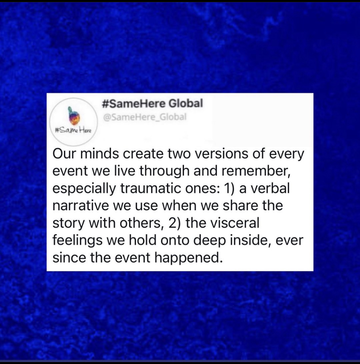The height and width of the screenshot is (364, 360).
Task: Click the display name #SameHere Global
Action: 152,103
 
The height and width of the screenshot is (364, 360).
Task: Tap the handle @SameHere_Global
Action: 144,117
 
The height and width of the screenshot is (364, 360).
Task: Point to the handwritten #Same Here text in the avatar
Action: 73,131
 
